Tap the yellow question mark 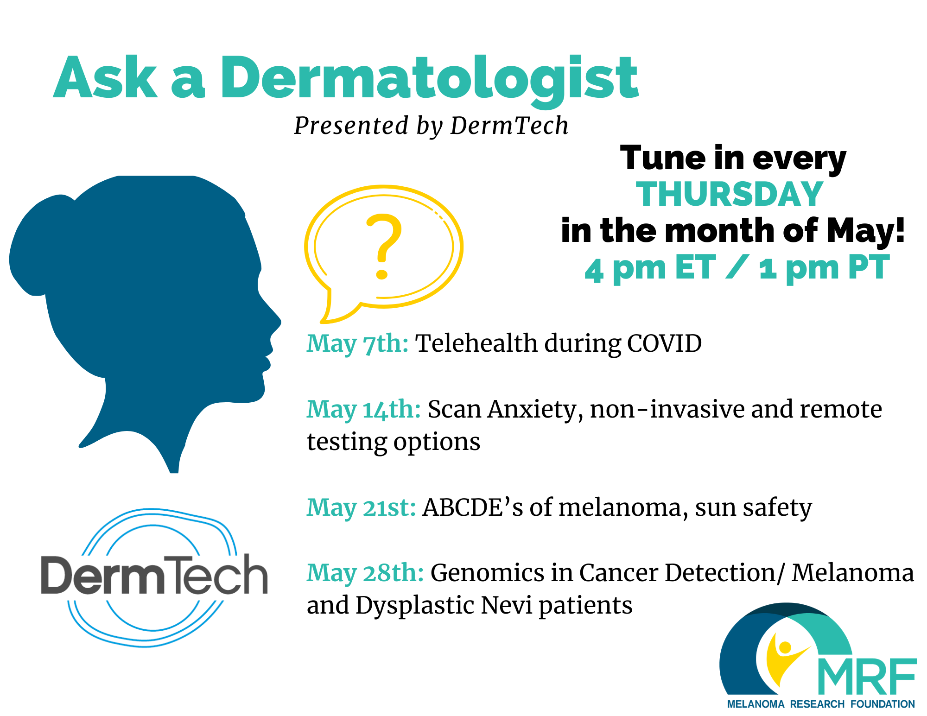[x=384, y=246]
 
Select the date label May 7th [x=357, y=344]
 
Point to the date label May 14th [x=363, y=410]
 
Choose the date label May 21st [x=361, y=508]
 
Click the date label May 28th [x=365, y=573]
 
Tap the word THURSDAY [x=729, y=194]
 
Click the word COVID [x=664, y=344]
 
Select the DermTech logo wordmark [x=154, y=574]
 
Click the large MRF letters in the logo [x=867, y=676]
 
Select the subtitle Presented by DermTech [x=431, y=126]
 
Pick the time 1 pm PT [x=824, y=268]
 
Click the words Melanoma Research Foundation [x=821, y=704]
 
